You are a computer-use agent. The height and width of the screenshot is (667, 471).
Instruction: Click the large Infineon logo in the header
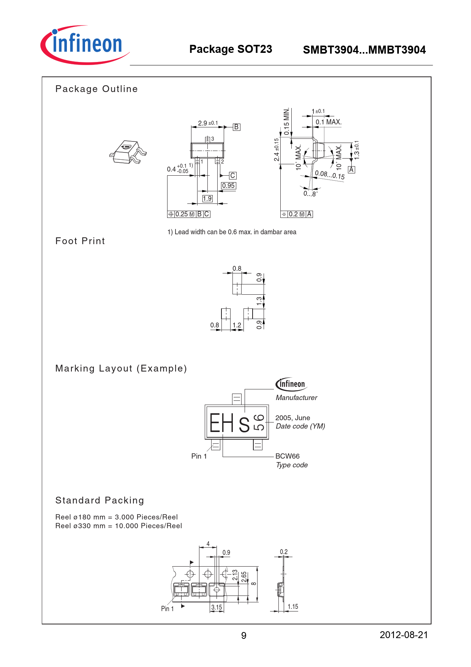(85, 45)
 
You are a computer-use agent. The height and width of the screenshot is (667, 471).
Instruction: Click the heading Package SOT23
(231, 49)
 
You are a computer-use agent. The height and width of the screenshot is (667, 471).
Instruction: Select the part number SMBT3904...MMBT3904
(364, 50)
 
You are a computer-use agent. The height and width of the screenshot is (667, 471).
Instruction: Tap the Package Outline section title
(96, 89)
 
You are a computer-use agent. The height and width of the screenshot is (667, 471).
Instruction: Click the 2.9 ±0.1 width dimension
(208, 123)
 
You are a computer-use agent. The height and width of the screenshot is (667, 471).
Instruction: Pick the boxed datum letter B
(236, 127)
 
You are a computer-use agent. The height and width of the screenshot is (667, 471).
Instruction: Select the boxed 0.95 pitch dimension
(228, 186)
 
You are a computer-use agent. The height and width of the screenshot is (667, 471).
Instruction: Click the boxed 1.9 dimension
(207, 199)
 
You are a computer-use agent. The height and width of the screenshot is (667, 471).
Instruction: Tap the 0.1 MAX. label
(328, 122)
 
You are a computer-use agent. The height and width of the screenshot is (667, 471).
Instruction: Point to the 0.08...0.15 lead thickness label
(329, 175)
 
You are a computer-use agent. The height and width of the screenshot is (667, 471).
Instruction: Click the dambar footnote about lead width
(232, 232)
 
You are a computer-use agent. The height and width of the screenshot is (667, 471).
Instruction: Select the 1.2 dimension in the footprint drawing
(237, 325)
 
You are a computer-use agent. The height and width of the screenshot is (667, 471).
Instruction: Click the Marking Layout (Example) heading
(121, 368)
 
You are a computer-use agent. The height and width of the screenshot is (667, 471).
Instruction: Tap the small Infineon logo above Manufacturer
(291, 384)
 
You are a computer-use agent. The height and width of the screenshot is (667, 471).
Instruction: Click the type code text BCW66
(287, 456)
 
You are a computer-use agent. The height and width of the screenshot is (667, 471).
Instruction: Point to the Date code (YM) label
(300, 426)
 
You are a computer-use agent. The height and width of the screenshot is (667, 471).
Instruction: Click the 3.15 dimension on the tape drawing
(217, 607)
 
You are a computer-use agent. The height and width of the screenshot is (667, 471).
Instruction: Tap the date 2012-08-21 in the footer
(403, 635)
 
